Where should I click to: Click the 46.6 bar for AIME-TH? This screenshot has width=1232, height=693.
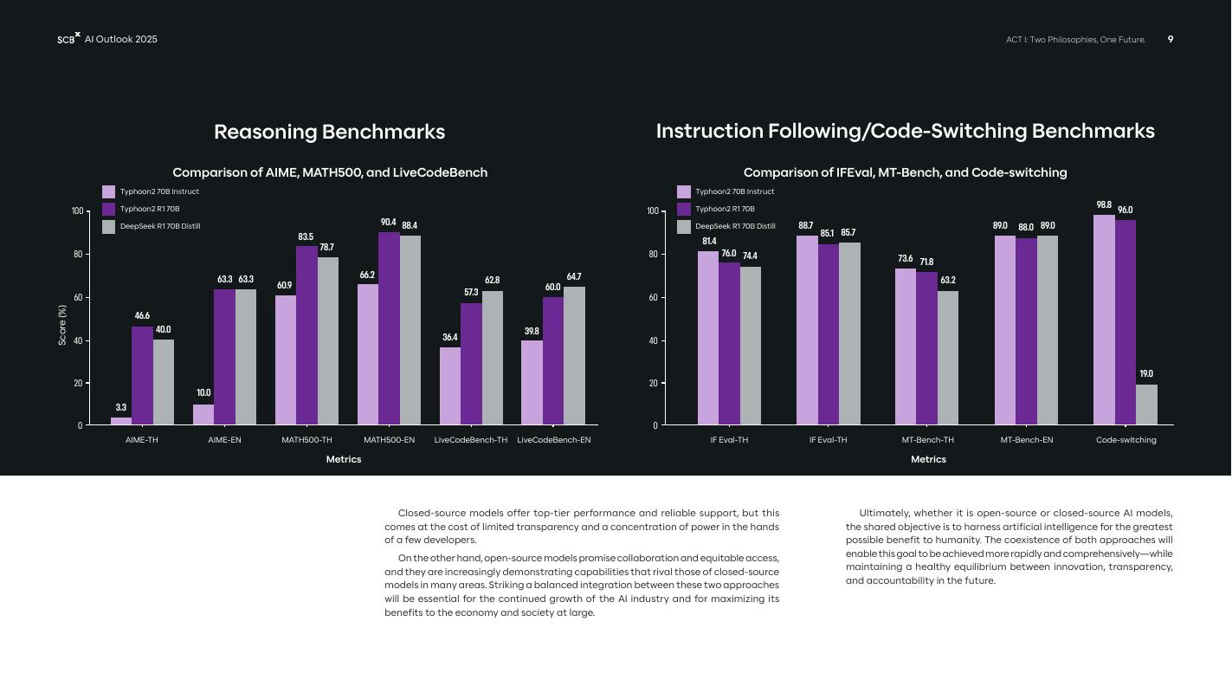(x=142, y=376)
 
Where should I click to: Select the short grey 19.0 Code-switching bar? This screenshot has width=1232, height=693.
(x=1146, y=405)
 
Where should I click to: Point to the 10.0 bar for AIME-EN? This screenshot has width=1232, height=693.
(x=203, y=415)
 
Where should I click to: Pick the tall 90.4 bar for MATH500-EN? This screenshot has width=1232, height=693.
(x=389, y=329)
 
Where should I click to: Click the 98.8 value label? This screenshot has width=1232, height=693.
(x=1104, y=205)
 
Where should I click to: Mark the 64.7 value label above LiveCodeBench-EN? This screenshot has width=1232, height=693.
(x=574, y=277)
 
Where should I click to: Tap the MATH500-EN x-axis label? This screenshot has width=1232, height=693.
(x=389, y=440)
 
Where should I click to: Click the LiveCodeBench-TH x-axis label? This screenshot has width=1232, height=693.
(x=471, y=440)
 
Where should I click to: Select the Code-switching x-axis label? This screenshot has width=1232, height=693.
(x=1126, y=440)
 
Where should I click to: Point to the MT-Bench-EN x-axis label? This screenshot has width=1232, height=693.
(x=1027, y=440)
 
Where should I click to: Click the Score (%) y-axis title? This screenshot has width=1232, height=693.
(x=62, y=326)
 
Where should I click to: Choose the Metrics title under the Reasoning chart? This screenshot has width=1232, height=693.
(x=344, y=460)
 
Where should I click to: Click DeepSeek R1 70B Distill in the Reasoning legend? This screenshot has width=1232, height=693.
(x=160, y=227)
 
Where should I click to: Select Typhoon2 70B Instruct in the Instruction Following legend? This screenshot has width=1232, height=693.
(x=734, y=191)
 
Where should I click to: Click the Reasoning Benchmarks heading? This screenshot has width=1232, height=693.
(x=329, y=132)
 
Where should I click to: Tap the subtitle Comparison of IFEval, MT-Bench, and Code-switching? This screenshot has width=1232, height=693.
(x=905, y=172)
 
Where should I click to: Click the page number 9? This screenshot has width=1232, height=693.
(x=1171, y=39)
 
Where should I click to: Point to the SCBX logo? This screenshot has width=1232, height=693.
(x=68, y=39)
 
